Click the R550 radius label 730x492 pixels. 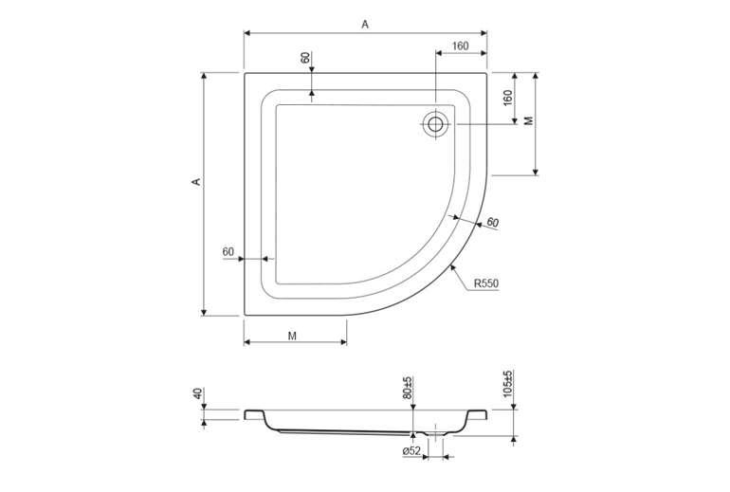486,283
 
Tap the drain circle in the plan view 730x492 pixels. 436,124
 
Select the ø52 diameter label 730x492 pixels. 411,450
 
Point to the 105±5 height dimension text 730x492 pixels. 507,383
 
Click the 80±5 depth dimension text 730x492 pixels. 407,388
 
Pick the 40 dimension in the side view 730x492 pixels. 198,393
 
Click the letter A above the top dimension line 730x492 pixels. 365,25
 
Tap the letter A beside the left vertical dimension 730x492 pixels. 197,181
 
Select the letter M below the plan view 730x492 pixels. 292,336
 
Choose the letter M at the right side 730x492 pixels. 528,120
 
